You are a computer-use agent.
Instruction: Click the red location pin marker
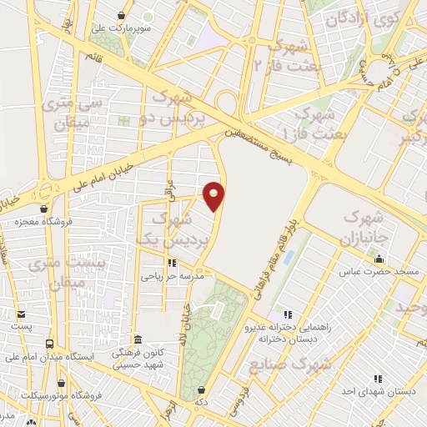tap(215, 196)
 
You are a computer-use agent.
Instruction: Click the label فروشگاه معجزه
tap(43, 222)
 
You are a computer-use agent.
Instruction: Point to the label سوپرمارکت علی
tap(122, 27)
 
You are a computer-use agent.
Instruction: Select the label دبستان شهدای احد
tap(377, 389)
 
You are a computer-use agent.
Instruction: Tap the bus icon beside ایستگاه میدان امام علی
tap(50, 344)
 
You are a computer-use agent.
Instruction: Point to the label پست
tap(22, 326)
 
